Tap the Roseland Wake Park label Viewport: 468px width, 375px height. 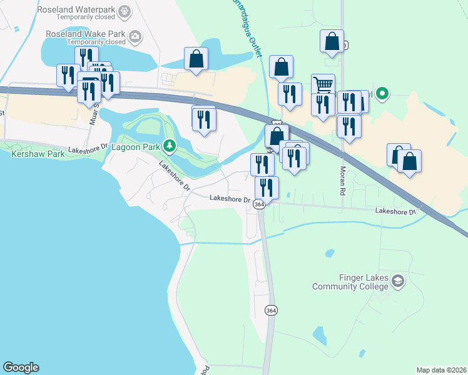(x=86, y=35)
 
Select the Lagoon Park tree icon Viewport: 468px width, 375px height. (x=168, y=147)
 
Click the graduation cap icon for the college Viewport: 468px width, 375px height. (x=397, y=282)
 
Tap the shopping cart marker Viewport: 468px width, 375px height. (x=323, y=85)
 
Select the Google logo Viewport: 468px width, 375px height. (x=21, y=367)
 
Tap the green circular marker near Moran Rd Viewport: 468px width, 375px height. (x=381, y=94)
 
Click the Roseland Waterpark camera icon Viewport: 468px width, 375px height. (x=125, y=11)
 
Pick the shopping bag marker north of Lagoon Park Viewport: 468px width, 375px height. (x=196, y=59)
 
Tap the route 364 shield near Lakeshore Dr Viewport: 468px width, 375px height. (x=259, y=204)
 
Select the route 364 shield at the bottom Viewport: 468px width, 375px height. (x=270, y=311)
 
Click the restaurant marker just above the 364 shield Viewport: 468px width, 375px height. (x=267, y=187)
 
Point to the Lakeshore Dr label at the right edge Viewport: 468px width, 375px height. (x=396, y=212)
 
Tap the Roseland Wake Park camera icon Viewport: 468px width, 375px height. (x=135, y=36)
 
